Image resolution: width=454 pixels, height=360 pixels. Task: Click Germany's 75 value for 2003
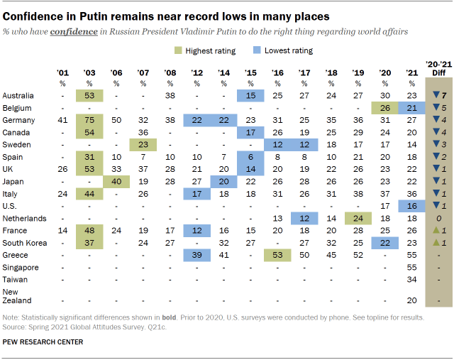click(x=90, y=120)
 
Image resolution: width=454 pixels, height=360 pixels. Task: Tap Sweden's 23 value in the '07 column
click(x=143, y=144)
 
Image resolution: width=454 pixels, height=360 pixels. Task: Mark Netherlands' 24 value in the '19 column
click(x=358, y=218)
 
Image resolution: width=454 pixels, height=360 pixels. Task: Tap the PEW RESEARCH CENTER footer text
click(x=43, y=342)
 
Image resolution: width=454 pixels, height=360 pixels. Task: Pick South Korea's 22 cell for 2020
click(x=384, y=242)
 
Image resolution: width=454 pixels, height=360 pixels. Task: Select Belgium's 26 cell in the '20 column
click(x=384, y=107)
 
